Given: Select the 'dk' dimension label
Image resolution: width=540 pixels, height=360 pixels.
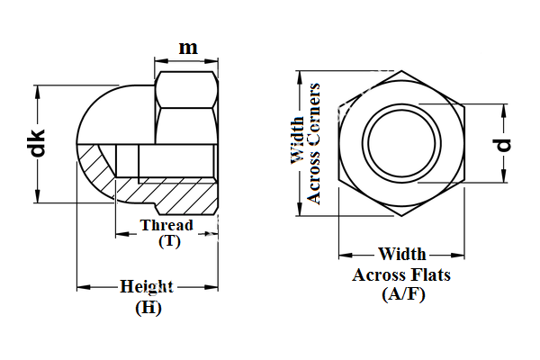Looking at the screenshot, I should click(x=37, y=144).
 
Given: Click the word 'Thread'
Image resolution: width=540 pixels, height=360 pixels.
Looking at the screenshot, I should click(x=166, y=225).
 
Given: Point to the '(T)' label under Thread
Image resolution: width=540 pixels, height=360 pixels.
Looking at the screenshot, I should click(x=168, y=241).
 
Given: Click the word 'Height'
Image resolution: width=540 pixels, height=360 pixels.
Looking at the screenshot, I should click(x=147, y=287).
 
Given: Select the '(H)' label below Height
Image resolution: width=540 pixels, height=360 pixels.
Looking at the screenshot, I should click(x=148, y=307).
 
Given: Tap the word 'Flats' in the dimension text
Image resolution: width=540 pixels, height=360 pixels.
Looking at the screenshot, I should click(x=430, y=275).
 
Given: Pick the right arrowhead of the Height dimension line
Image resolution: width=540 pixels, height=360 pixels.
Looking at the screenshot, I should click(x=216, y=287).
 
